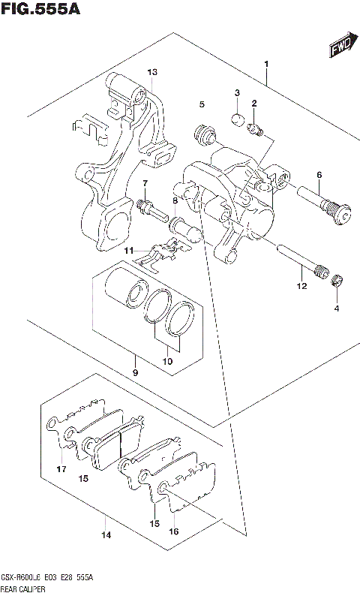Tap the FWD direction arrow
click(x=341, y=49)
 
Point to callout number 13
click(x=151, y=72)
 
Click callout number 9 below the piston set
click(x=135, y=372)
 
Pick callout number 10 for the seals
click(x=168, y=360)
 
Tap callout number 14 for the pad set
click(x=106, y=534)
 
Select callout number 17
click(x=61, y=469)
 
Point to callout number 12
click(x=301, y=285)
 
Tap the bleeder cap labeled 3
click(x=235, y=118)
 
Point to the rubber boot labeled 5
click(x=202, y=136)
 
